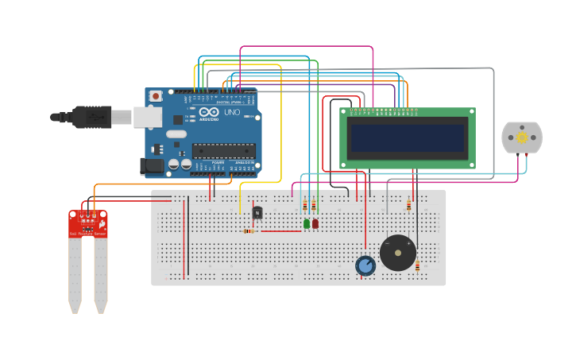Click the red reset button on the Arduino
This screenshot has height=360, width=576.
pos(156,96)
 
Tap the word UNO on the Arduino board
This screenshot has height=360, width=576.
pos(231,113)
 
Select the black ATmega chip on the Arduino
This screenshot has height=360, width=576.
pos(223,150)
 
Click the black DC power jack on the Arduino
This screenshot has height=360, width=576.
pos(152,166)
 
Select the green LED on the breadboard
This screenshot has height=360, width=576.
pos(307,224)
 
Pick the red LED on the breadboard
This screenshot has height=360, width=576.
pos(315,224)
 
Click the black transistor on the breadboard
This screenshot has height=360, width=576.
pos(257,212)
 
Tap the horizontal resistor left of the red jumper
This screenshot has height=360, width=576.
pos(250,231)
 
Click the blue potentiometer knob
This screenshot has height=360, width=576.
pos(365,265)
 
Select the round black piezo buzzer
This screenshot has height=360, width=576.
pos(397,253)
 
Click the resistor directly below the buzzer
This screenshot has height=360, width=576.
pos(417,266)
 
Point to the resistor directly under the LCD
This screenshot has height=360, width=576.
pos(409,204)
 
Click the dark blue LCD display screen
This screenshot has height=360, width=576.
pos(408,138)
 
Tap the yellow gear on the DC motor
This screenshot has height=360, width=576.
pos(522,137)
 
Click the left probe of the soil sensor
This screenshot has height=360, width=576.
pos(75,274)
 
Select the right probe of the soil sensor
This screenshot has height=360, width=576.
pos(101,274)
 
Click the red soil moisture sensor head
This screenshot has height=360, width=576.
pos(87,223)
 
